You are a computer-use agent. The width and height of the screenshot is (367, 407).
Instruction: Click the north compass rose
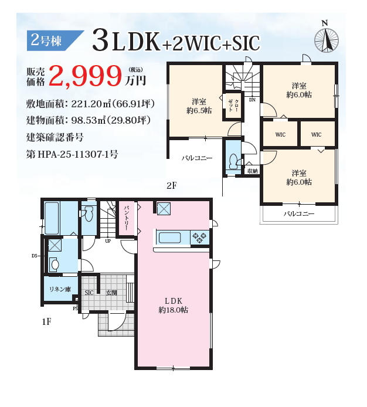(326, 40)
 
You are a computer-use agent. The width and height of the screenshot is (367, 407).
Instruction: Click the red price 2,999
(86, 76)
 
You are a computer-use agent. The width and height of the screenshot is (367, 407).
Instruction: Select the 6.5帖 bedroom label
(199, 106)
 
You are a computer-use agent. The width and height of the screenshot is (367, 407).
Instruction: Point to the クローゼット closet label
(233, 106)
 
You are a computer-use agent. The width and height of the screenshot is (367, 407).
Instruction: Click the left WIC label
(280, 134)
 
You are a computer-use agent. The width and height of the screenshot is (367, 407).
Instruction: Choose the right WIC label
(316, 134)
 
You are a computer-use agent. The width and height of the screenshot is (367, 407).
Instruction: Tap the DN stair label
(252, 100)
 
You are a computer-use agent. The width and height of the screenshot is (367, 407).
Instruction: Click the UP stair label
(108, 241)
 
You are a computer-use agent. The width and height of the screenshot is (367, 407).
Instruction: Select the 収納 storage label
(253, 171)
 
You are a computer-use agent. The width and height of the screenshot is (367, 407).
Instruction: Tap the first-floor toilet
(89, 213)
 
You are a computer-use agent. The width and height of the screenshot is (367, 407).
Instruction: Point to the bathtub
(52, 218)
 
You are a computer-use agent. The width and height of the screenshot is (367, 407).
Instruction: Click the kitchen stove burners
(199, 238)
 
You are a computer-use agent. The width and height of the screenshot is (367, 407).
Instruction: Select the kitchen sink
(169, 238)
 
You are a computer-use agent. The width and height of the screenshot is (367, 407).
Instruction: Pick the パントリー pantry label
(127, 219)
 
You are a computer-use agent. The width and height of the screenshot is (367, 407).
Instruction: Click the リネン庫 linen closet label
(60, 289)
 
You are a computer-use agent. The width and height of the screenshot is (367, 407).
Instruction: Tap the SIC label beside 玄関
(89, 293)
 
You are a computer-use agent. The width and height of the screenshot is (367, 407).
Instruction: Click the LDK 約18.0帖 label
(174, 305)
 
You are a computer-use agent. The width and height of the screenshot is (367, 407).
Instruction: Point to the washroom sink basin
(55, 264)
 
